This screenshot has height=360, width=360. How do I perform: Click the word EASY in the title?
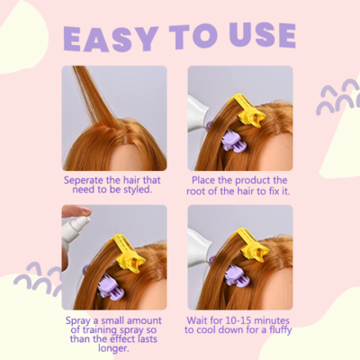click(x=111, y=38)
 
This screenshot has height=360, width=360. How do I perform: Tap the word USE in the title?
click(x=263, y=35)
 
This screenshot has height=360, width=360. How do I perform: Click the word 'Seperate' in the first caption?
click(x=84, y=180)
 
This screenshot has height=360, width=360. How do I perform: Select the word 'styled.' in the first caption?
click(x=137, y=190)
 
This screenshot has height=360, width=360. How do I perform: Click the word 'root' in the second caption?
click(x=195, y=191)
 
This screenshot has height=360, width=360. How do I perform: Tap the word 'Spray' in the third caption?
click(x=77, y=321)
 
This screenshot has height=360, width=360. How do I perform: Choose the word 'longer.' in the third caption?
click(x=113, y=348)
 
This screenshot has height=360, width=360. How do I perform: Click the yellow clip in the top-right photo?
click(x=247, y=110)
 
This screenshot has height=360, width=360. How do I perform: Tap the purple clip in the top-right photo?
click(x=234, y=141)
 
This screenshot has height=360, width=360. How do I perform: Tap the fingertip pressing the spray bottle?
click(x=84, y=210)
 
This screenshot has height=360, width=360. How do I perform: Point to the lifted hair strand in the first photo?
click(x=95, y=97)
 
